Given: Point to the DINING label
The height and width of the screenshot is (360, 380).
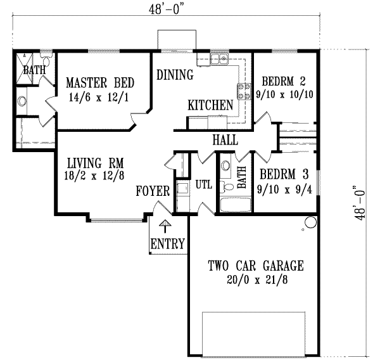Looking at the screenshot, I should (x=175, y=75).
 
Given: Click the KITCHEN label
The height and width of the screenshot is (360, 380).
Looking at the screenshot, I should (x=210, y=105).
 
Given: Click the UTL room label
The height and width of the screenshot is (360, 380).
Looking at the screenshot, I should (x=203, y=185).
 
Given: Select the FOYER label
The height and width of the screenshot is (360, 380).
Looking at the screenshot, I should (x=153, y=191).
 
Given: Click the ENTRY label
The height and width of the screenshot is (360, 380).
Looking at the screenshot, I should (x=168, y=243).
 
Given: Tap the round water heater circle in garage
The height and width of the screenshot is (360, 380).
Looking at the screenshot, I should (x=310, y=222).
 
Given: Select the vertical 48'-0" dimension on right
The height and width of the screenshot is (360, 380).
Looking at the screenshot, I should (x=360, y=202).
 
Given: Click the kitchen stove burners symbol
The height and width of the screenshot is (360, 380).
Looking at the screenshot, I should (x=241, y=91).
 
